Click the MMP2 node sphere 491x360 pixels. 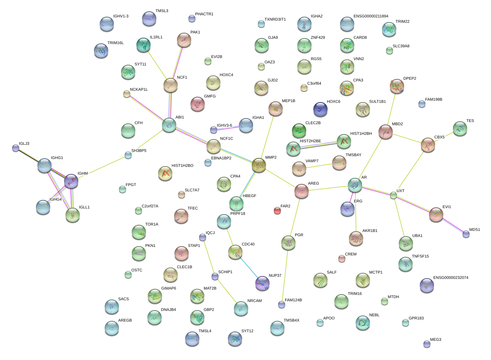259,165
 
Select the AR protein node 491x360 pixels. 355,185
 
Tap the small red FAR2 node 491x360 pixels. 277,211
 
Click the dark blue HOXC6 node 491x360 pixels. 320,109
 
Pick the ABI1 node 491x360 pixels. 169,125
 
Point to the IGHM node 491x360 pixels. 71,181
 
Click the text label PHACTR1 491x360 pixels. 204,14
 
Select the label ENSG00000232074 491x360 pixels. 450,278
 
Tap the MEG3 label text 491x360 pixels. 435,340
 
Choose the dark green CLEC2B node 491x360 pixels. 299,131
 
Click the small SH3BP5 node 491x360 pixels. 128,155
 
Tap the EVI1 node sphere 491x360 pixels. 436,214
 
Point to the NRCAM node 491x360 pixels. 241,308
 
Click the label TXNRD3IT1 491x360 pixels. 275,20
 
